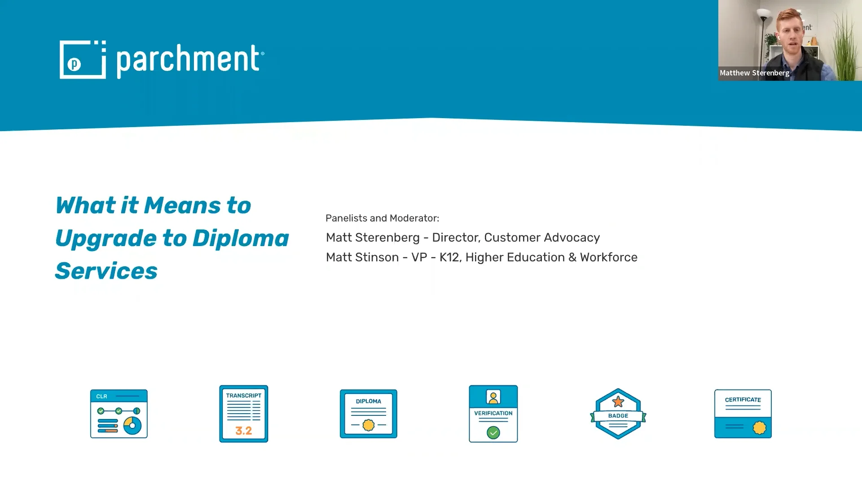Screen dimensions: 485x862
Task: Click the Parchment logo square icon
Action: pyautogui.click(x=83, y=60)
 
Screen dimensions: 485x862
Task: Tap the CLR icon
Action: pyautogui.click(x=119, y=414)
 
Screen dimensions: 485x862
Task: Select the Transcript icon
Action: pyautogui.click(x=244, y=414)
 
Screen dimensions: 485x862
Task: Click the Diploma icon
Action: pyautogui.click(x=369, y=414)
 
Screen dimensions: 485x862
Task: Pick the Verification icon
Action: pyautogui.click(x=493, y=414)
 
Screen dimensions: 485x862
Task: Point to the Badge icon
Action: pyautogui.click(x=618, y=414)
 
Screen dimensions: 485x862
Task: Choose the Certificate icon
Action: pyautogui.click(x=743, y=414)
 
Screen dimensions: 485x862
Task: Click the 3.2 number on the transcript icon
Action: pyautogui.click(x=244, y=431)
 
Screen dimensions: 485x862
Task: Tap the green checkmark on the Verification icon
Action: pyautogui.click(x=493, y=432)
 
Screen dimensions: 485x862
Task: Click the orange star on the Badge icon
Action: pyautogui.click(x=618, y=401)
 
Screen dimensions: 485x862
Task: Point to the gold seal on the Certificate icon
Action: pyautogui.click(x=760, y=427)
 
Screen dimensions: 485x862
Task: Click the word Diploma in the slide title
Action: pyautogui.click(x=241, y=238)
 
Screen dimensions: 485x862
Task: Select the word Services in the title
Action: pyautogui.click(x=106, y=271)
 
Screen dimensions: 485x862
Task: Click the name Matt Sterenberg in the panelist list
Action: pyautogui.click(x=373, y=238)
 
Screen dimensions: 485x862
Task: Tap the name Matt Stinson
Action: pyautogui.click(x=362, y=257)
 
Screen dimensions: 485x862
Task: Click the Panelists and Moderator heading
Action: pyautogui.click(x=382, y=218)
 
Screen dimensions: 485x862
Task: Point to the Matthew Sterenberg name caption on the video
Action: pyautogui.click(x=754, y=73)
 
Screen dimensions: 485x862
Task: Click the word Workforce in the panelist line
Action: pyautogui.click(x=608, y=257)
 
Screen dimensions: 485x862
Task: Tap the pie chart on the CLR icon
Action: pyautogui.click(x=132, y=425)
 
